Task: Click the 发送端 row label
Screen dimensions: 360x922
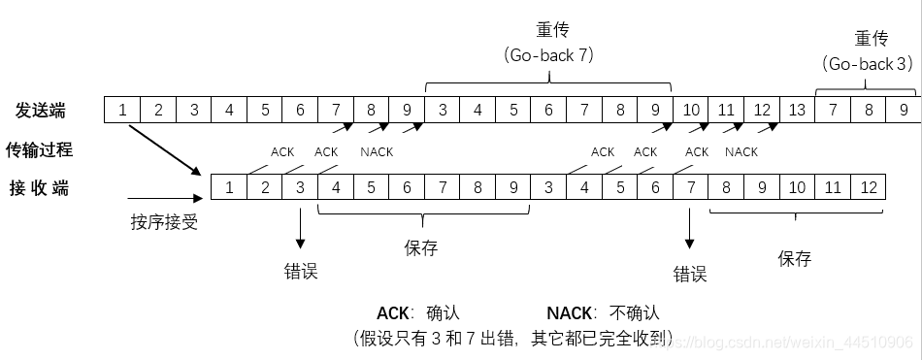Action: [x=41, y=111]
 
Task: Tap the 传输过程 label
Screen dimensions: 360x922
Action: [x=41, y=149]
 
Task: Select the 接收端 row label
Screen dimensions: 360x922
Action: [x=41, y=187]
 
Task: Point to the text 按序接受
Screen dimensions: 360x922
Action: [x=164, y=222]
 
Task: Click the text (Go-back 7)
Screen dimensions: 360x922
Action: [x=549, y=55]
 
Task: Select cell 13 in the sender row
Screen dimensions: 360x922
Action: [x=797, y=111]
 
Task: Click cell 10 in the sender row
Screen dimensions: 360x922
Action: [x=691, y=111]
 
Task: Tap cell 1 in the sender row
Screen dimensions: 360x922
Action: [x=122, y=111]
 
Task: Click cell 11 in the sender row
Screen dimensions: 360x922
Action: [x=726, y=111]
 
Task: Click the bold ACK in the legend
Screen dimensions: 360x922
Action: [x=394, y=313]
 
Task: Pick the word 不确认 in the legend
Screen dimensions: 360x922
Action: [x=635, y=313]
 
